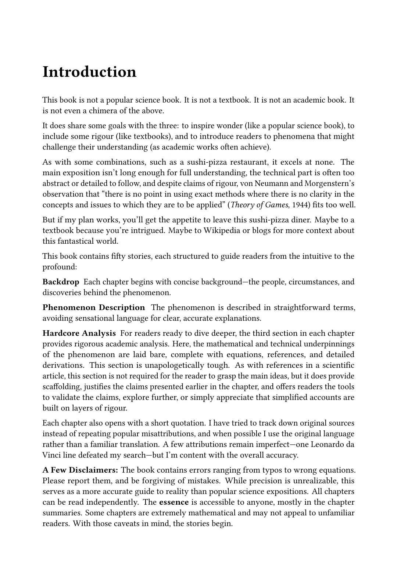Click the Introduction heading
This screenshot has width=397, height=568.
click(89, 72)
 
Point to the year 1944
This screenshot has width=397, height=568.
click(297, 205)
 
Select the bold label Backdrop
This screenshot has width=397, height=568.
click(61, 282)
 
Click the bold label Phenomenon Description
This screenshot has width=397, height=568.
click(94, 307)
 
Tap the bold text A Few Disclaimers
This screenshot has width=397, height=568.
click(81, 470)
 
